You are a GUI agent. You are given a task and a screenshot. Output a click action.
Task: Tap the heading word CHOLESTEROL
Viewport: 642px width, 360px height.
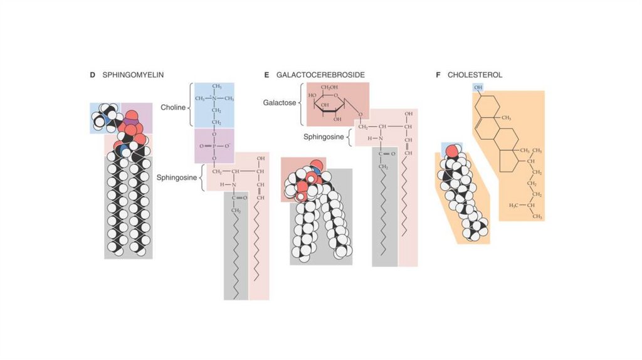(475, 75)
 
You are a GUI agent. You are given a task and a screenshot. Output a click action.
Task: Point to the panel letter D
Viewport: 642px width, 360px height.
(92, 75)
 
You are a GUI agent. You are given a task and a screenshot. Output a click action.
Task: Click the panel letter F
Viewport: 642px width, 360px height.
(438, 75)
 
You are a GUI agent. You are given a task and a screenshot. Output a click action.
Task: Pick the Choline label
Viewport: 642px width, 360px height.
(173, 107)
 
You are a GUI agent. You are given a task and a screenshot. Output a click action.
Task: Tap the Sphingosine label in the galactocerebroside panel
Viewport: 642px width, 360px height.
(325, 135)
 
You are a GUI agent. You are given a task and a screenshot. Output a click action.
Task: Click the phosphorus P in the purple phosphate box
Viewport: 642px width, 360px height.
(213, 146)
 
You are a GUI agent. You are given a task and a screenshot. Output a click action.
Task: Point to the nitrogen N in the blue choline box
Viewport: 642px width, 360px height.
(213, 98)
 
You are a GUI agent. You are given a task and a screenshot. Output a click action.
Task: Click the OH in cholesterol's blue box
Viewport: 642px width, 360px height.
(478, 87)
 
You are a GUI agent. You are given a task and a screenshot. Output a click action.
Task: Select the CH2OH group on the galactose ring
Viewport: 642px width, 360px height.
(330, 87)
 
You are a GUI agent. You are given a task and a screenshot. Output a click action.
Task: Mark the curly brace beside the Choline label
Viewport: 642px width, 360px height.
(191, 107)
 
